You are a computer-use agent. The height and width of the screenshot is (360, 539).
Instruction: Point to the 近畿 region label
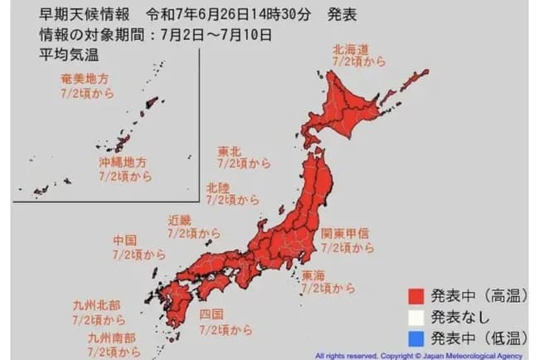pyautogui.click(x=180, y=221)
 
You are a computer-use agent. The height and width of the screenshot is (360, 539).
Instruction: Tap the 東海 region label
pyautogui.click(x=314, y=275)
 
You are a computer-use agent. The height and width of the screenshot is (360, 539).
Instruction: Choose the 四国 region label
pyautogui.click(x=211, y=314)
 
